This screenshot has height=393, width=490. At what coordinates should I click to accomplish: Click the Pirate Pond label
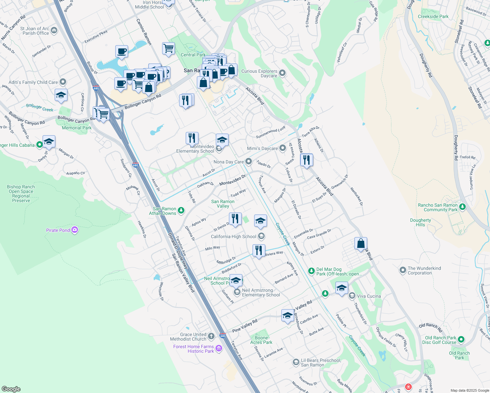pyautogui.click(x=58, y=230)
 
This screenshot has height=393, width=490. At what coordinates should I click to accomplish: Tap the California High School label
pyautogui.click(x=234, y=236)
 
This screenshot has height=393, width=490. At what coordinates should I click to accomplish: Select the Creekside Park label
pyautogui.click(x=433, y=16)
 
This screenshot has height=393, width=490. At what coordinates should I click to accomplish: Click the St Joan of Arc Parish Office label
pyautogui.click(x=35, y=31)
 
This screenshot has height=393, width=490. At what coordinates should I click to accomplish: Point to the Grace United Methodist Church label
pyautogui.click(x=188, y=337)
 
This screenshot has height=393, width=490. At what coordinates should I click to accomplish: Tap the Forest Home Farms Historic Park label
pyautogui.click(x=194, y=349)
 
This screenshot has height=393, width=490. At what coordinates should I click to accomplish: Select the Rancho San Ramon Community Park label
pyautogui.click(x=438, y=207)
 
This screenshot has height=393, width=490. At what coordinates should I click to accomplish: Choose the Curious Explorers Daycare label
pyautogui.click(x=259, y=73)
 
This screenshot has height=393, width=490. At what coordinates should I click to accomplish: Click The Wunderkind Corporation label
pyautogui.click(x=424, y=271)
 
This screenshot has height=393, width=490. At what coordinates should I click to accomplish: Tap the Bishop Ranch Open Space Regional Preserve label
pyautogui.click(x=21, y=194)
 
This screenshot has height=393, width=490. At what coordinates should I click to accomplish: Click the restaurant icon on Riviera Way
pyautogui.click(x=259, y=251)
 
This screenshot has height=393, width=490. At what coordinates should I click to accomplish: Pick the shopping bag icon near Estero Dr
pyautogui.click(x=361, y=244)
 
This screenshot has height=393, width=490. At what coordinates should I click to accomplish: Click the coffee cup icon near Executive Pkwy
pyautogui.click(x=122, y=51)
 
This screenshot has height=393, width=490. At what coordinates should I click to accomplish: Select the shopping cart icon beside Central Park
pyautogui.click(x=168, y=48)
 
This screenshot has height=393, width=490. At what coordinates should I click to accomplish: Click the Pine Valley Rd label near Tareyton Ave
pyautogui.click(x=245, y=326)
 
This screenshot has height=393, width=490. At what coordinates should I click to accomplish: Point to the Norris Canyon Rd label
pyautogui.click(x=13, y=28)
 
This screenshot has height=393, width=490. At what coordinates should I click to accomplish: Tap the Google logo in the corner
pyautogui.click(x=11, y=389)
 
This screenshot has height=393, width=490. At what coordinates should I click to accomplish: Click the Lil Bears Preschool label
pyautogui.click(x=321, y=363)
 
